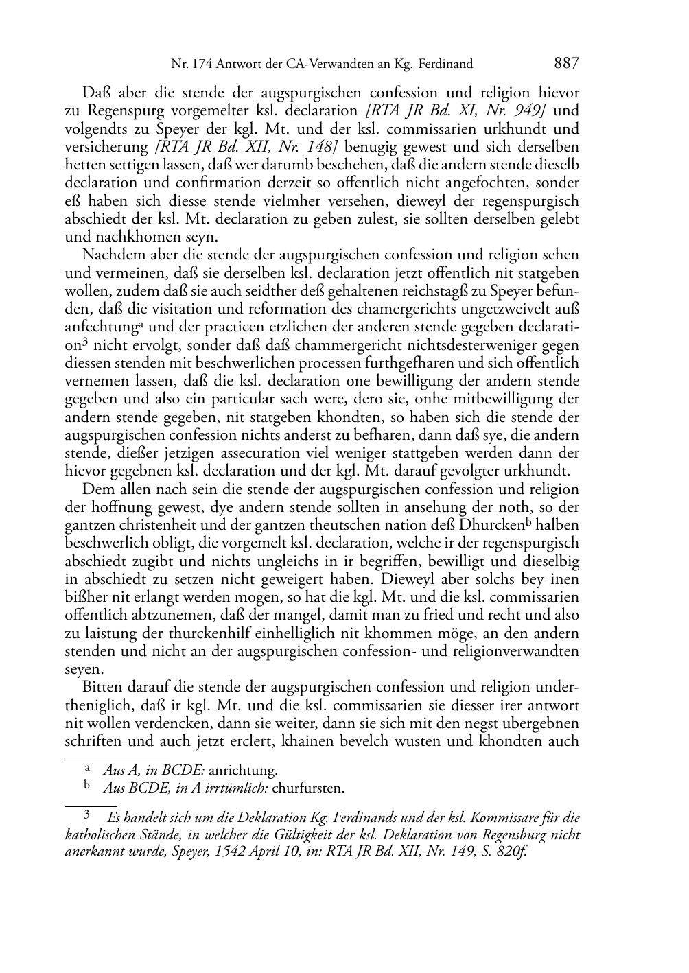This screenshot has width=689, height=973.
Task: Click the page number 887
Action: point(566,64)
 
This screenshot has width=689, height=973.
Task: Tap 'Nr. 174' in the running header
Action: point(191,65)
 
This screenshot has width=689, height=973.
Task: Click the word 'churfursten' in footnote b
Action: point(308,788)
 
